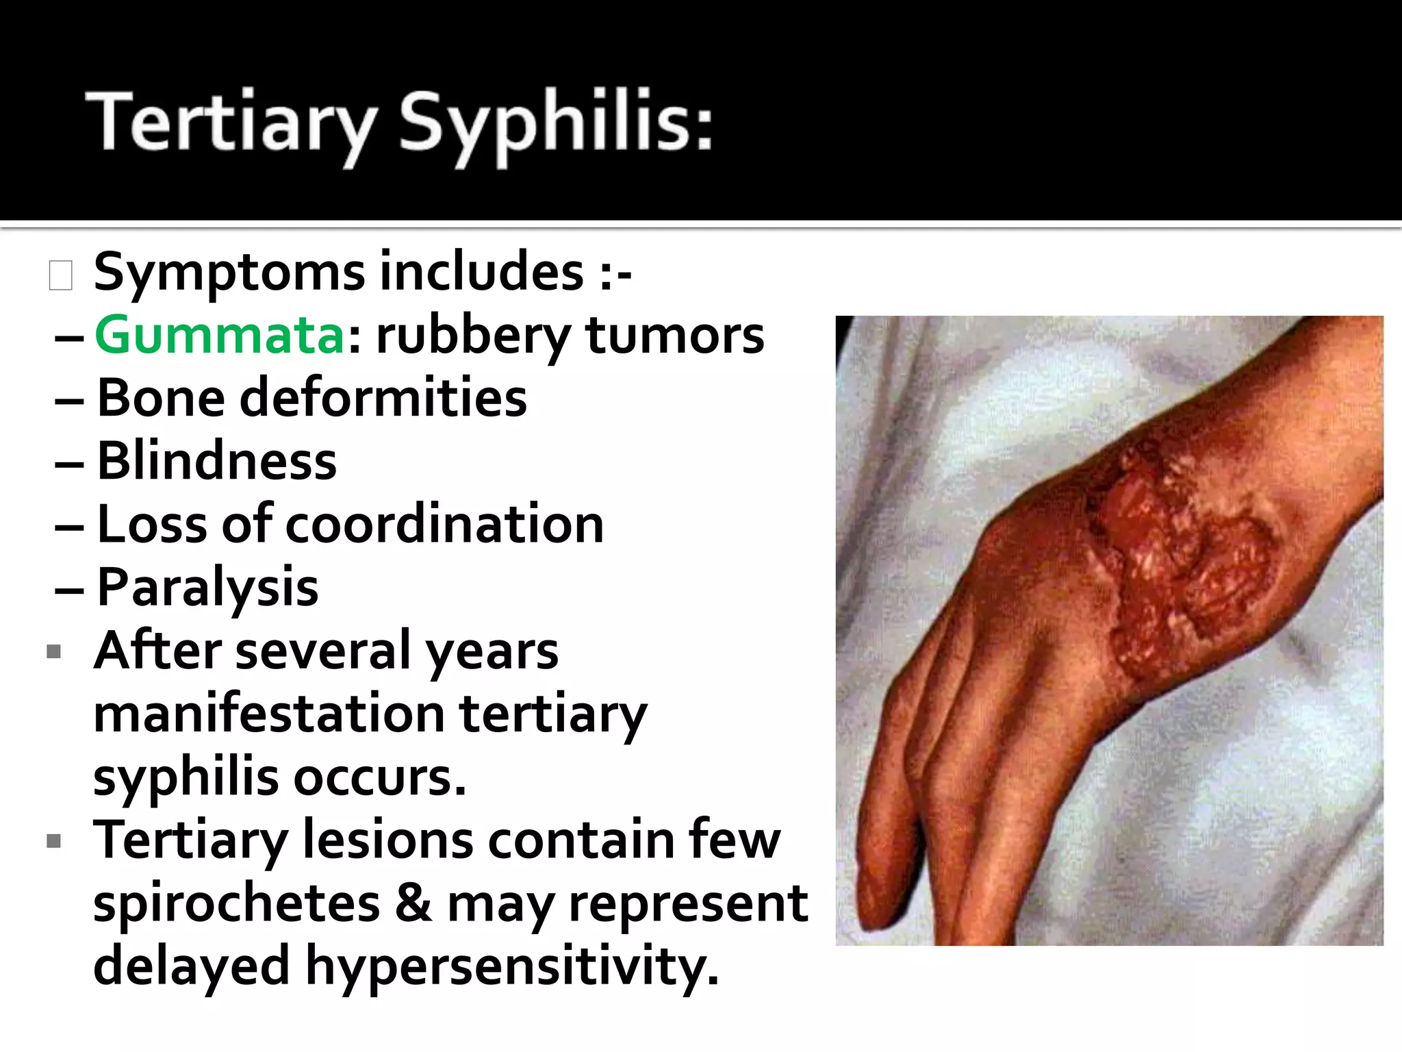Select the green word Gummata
[x=219, y=336]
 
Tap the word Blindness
[x=217, y=461]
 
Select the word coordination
[x=444, y=524]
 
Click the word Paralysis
[x=208, y=588]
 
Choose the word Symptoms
[x=229, y=273]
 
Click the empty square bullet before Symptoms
[x=60, y=275]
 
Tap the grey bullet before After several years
[x=54, y=651]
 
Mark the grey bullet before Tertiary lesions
[x=54, y=840]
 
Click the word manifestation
[x=269, y=714]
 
